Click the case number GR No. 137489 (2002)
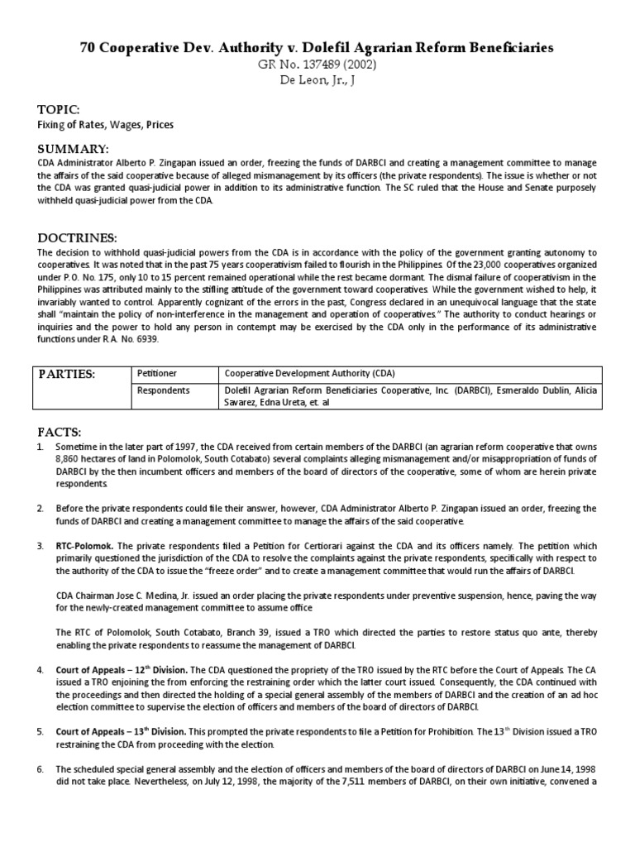coord(317,65)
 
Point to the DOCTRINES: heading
coord(77,237)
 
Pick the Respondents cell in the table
coord(163,389)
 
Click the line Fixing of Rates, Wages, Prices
coord(106,125)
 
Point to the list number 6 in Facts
coord(41,768)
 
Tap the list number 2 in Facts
coord(41,508)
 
